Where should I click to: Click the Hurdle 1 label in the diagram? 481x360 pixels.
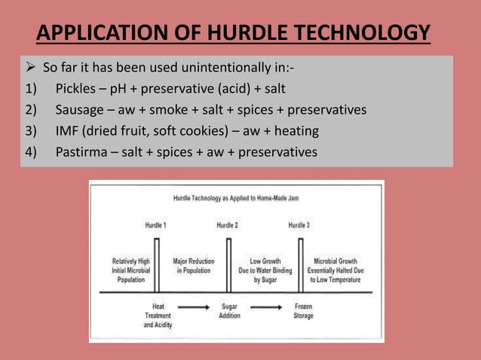tap(156, 225)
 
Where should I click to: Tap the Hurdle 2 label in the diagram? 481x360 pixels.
tap(227, 225)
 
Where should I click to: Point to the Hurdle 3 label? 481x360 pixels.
tap(299, 225)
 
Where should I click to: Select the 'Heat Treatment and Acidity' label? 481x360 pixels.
tap(158, 316)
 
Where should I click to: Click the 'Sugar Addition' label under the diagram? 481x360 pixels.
tap(230, 311)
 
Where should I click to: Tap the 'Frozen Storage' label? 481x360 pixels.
tap(302, 311)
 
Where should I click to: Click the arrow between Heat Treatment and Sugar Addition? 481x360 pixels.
tap(194, 307)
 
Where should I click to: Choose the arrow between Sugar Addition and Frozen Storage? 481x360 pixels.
tap(265, 307)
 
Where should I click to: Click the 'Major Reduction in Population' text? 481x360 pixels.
tap(193, 265)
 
